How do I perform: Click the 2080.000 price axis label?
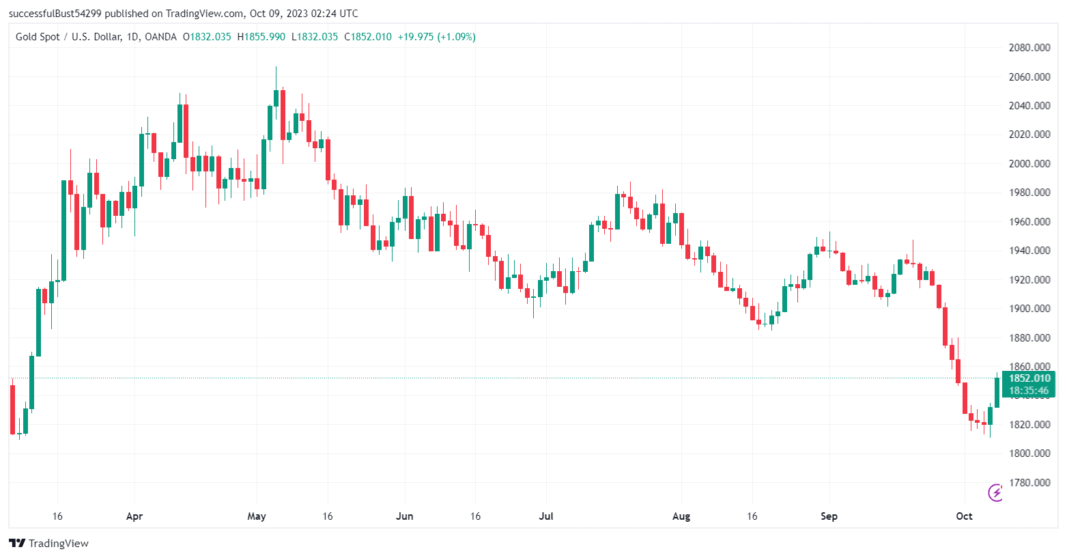[x=1029, y=48]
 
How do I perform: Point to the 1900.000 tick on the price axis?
[x=1029, y=309]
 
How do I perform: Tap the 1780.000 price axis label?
[x=1029, y=483]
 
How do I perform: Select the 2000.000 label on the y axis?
[x=1029, y=164]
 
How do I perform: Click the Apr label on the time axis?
[x=134, y=516]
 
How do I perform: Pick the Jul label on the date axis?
[x=546, y=516]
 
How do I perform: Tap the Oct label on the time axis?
[x=964, y=516]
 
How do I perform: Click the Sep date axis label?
[x=829, y=516]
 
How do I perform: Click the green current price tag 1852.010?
[x=1029, y=378]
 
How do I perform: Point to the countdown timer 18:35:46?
[x=1029, y=391]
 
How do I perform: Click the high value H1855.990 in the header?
[x=261, y=37]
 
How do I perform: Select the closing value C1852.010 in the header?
[x=368, y=37]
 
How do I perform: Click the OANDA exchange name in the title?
[x=160, y=37]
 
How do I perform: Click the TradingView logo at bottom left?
[x=48, y=543]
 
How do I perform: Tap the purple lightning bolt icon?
[x=995, y=492]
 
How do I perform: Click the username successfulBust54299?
[x=55, y=14]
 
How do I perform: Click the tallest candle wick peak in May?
[x=276, y=67]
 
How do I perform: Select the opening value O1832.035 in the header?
[x=207, y=37]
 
